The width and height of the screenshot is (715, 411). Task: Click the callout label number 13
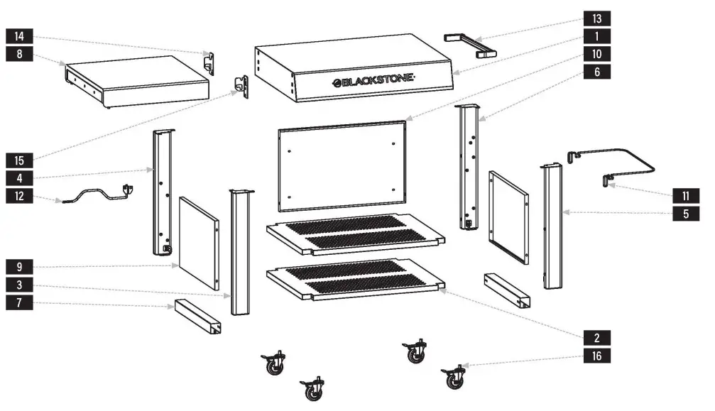coord(596,18)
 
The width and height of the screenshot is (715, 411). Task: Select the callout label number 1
coord(596,35)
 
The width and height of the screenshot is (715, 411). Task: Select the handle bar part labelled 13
coord(469,43)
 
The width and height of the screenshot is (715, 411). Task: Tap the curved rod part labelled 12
coord(96,195)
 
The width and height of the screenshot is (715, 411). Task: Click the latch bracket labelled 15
coord(241,86)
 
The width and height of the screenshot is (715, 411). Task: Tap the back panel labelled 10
coord(343,165)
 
